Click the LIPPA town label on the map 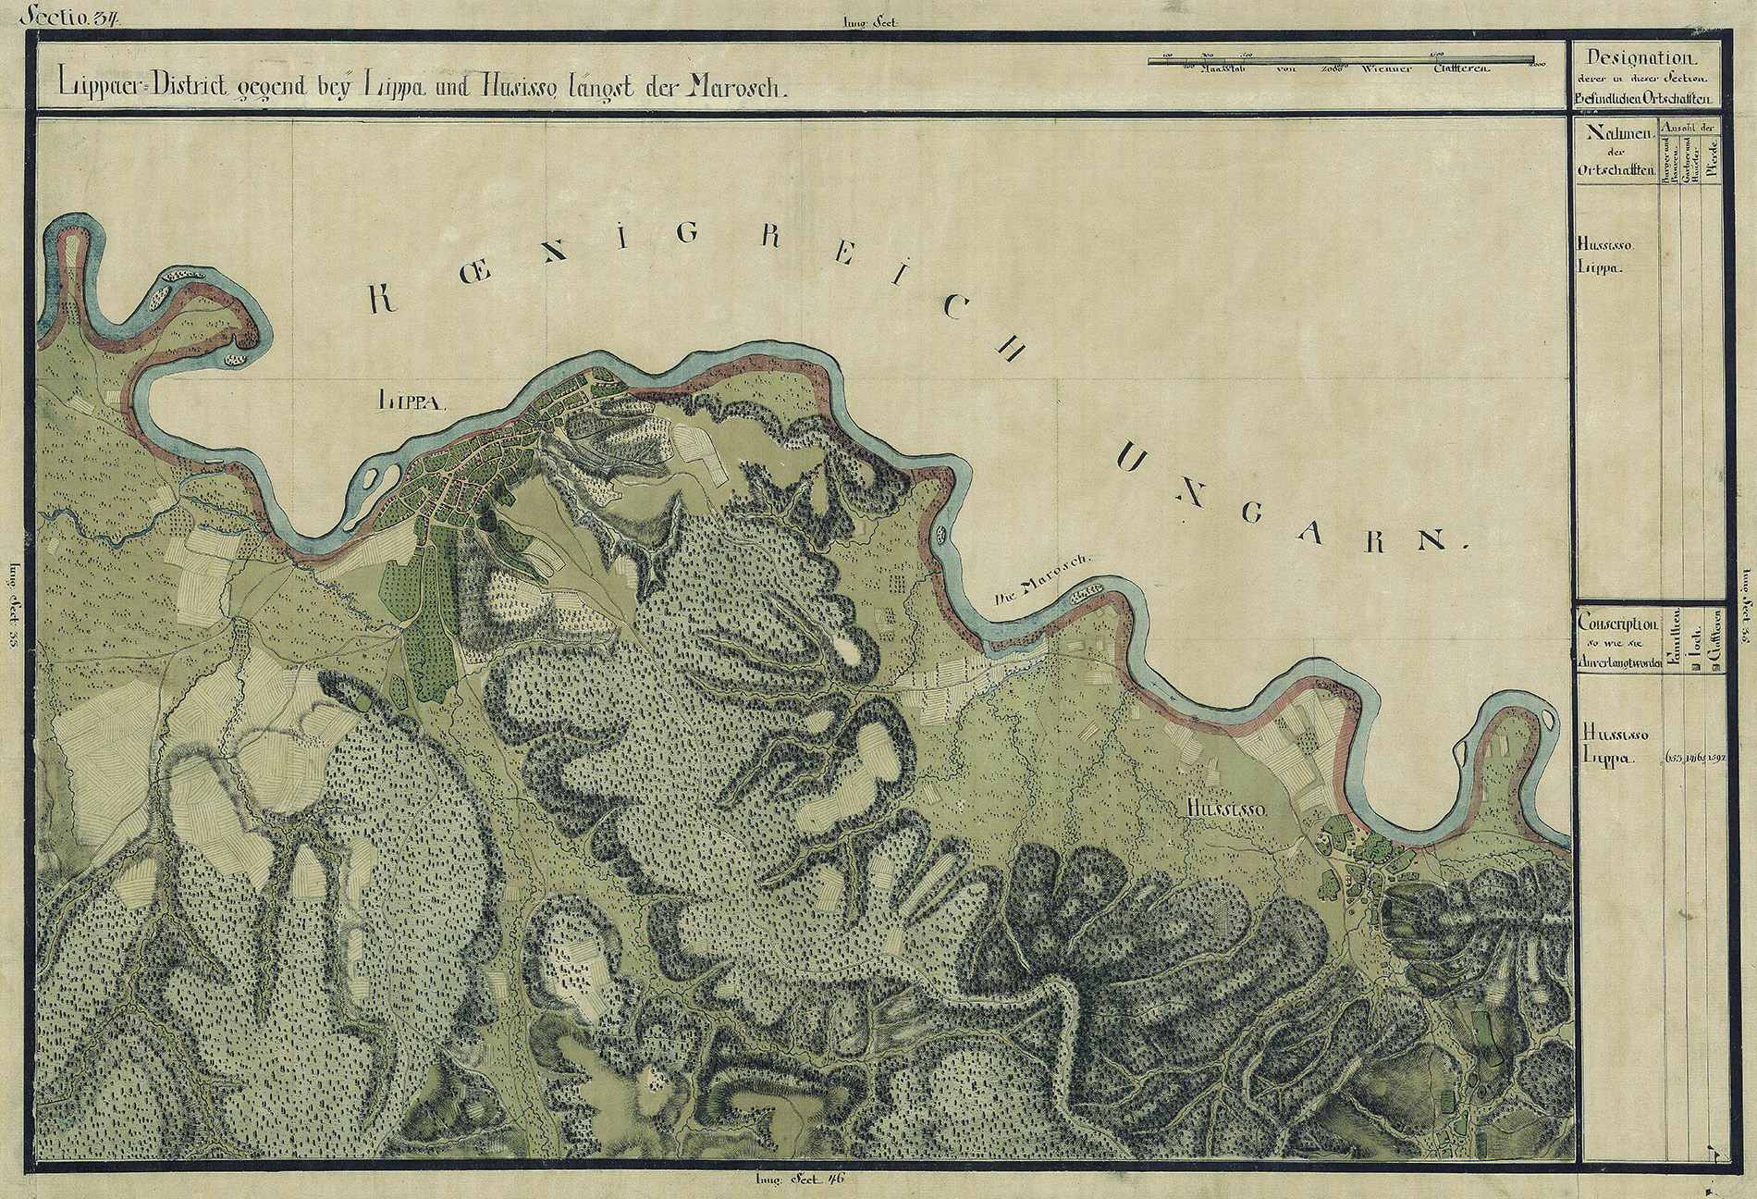point(412,401)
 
